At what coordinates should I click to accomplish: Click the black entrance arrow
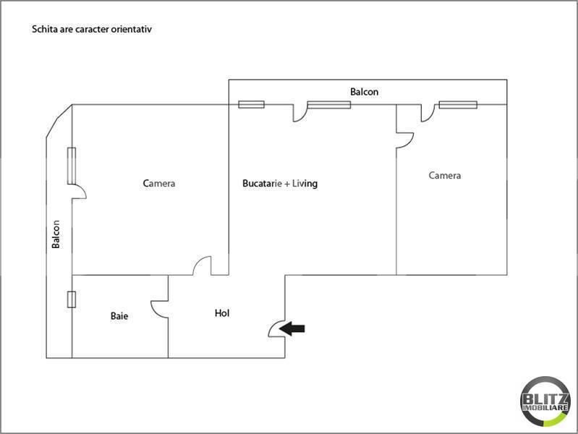pyautogui.click(x=292, y=328)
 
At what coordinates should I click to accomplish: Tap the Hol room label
pyautogui.click(x=222, y=313)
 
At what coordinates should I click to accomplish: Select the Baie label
pyautogui.click(x=119, y=316)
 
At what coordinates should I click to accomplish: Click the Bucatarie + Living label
pyautogui.click(x=279, y=184)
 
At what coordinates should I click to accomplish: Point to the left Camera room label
pyautogui.click(x=159, y=184)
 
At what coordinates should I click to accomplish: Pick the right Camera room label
pyautogui.click(x=444, y=175)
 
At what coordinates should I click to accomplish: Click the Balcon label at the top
pyautogui.click(x=364, y=92)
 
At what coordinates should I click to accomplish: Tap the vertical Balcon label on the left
pyautogui.click(x=56, y=234)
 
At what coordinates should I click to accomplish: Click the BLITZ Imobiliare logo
pyautogui.click(x=545, y=401)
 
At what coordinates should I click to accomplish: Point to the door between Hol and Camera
pyautogui.click(x=202, y=266)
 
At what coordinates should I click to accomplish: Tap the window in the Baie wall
pyautogui.click(x=71, y=299)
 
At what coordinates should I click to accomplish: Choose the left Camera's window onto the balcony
pyautogui.click(x=72, y=165)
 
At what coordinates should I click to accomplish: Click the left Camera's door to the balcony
pyautogui.click(x=79, y=192)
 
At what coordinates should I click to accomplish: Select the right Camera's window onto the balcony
pyautogui.click(x=457, y=105)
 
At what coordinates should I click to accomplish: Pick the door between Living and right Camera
pyautogui.click(x=404, y=139)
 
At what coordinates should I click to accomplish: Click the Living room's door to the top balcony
pyautogui.click(x=299, y=113)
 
